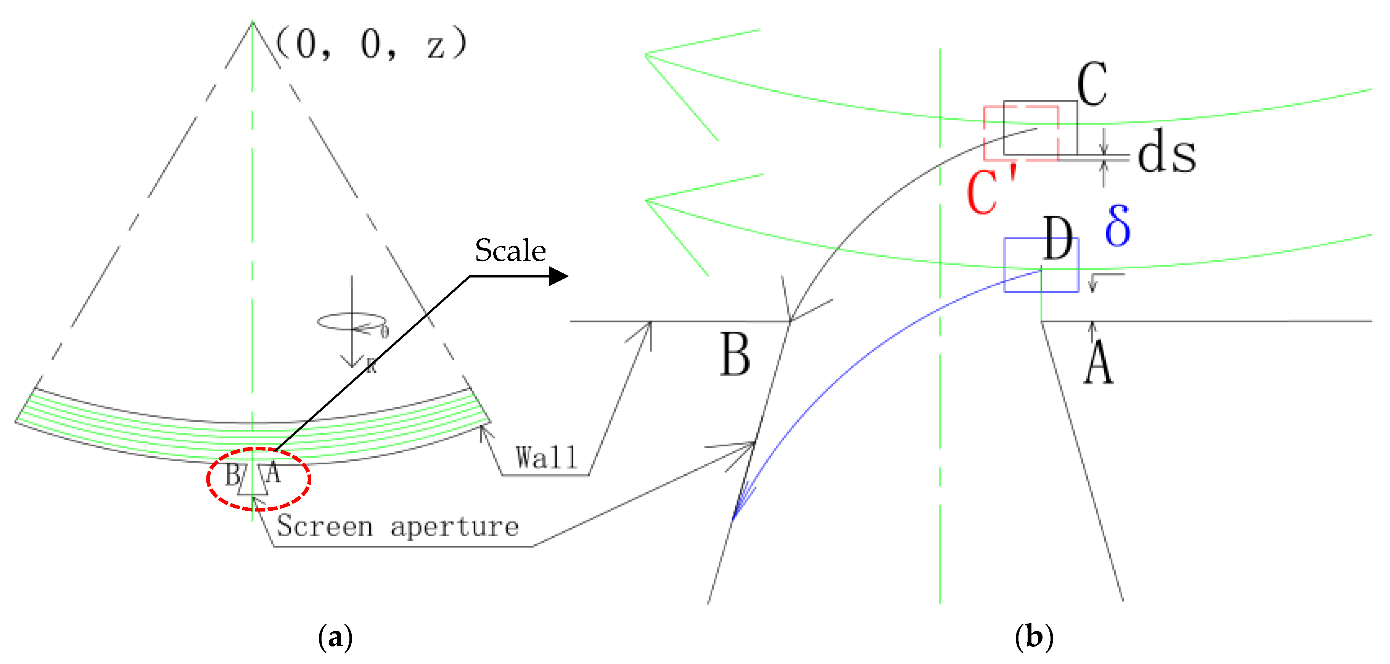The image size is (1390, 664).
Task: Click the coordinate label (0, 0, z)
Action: [x=371, y=44]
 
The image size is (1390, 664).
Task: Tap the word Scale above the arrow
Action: [x=510, y=251]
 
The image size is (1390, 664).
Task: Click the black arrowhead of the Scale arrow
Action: [x=558, y=276]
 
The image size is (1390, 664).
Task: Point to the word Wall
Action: [x=546, y=458]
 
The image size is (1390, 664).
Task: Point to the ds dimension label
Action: [x=1166, y=154]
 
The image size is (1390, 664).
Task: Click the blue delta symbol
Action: [x=1118, y=226]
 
